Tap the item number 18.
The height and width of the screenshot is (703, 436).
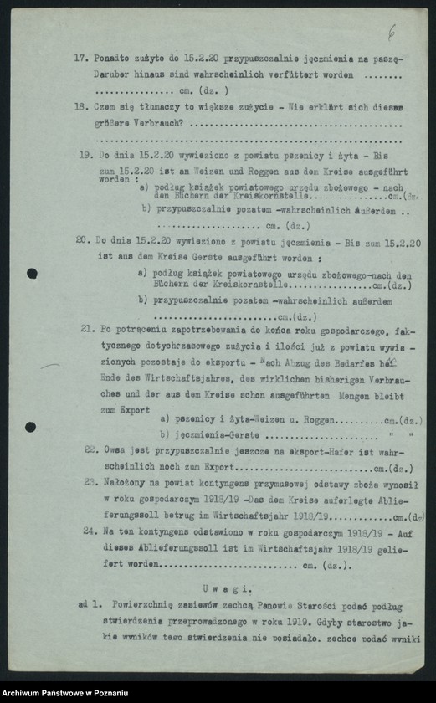(80, 106)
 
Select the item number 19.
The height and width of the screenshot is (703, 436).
(85, 155)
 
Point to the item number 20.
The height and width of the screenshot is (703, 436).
(82, 239)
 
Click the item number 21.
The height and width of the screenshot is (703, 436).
(87, 329)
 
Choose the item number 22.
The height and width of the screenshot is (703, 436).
(90, 449)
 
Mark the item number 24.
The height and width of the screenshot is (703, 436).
(90, 531)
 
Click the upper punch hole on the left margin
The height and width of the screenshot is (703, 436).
(32, 273)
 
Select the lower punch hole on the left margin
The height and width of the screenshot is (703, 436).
(30, 427)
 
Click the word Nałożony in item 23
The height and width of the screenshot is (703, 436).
(130, 483)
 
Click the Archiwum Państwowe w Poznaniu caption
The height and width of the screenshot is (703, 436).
(65, 692)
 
